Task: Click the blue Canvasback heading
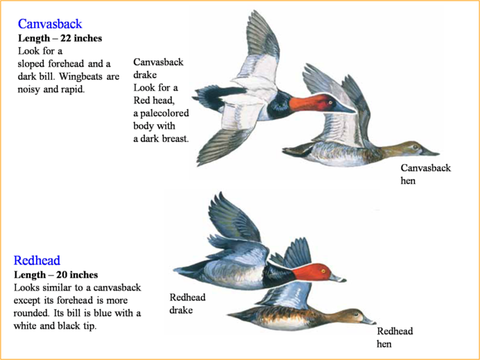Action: click(x=50, y=24)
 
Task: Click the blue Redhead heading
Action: click(x=37, y=261)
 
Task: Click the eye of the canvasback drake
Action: click(x=330, y=102)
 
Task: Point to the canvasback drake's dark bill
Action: click(x=343, y=108)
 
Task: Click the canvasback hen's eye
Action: click(x=415, y=146)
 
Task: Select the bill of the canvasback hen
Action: click(x=429, y=151)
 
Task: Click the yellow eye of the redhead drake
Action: click(x=323, y=271)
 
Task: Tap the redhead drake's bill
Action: click(x=338, y=278)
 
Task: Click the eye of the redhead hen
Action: click(x=356, y=314)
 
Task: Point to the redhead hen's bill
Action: click(x=368, y=321)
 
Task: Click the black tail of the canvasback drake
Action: click(x=216, y=97)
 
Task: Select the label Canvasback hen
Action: click(x=425, y=174)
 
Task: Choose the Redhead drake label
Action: click(x=187, y=304)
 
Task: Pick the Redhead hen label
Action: click(x=395, y=337)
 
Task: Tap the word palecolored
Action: click(x=164, y=113)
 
